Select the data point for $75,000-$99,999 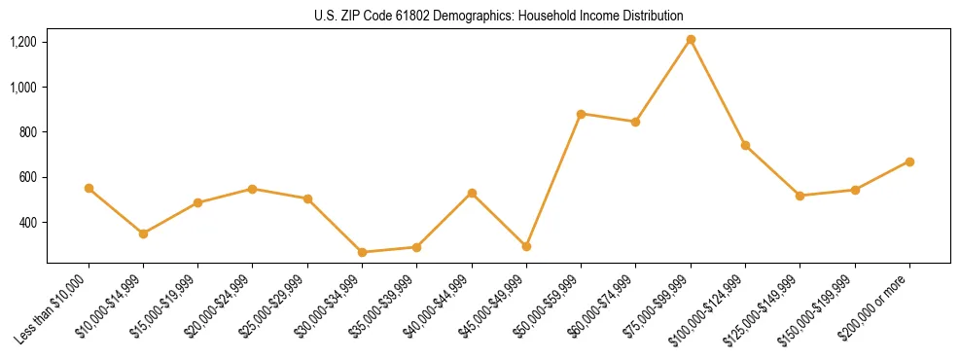691,40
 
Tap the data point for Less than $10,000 89,188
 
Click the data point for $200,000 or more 909,162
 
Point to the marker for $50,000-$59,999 581,114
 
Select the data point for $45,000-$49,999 526,246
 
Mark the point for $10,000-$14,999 143,234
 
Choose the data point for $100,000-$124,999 745,145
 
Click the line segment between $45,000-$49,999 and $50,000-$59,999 553,180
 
